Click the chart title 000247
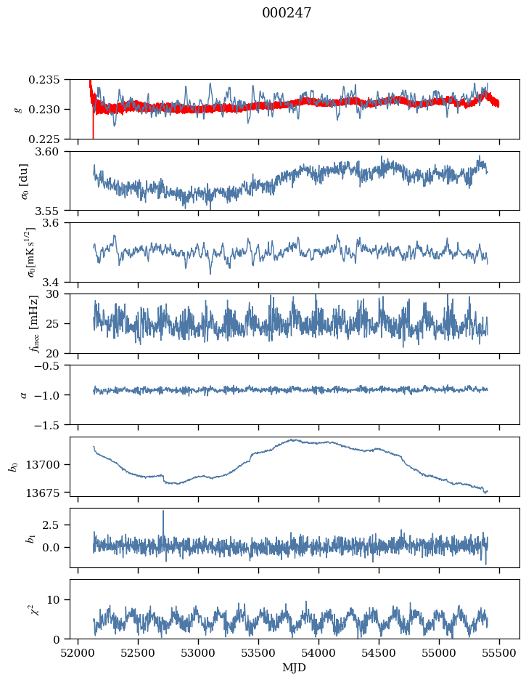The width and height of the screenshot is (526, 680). pyautogui.click(x=287, y=13)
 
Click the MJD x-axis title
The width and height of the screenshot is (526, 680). pyautogui.click(x=295, y=667)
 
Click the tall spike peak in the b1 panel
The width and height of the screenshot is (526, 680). pyautogui.click(x=163, y=511)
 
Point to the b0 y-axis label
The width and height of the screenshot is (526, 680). pyautogui.click(x=12, y=466)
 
